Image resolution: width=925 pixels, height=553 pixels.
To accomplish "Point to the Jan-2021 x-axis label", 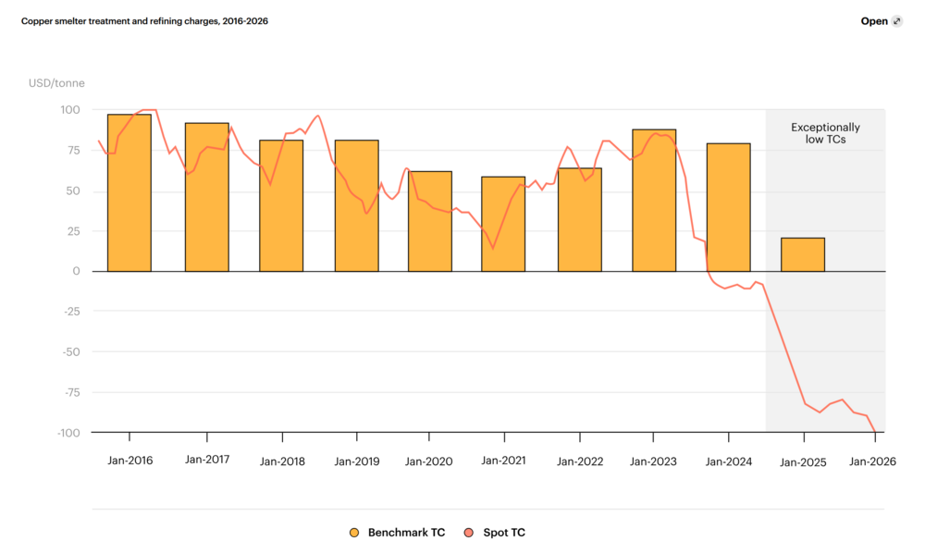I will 504,461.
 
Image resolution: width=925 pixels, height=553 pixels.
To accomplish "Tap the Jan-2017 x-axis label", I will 207,460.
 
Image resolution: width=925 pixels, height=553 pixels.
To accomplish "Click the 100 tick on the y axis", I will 70,110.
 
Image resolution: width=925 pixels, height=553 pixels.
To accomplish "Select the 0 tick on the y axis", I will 76,271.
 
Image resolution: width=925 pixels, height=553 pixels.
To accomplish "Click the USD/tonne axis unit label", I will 56,83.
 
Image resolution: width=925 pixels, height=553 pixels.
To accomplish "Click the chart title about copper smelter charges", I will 144,20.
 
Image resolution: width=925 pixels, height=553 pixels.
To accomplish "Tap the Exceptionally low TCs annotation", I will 825,133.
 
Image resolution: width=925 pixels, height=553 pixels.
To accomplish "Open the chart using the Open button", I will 874,21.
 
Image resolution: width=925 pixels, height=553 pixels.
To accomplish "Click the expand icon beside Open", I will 896,21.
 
